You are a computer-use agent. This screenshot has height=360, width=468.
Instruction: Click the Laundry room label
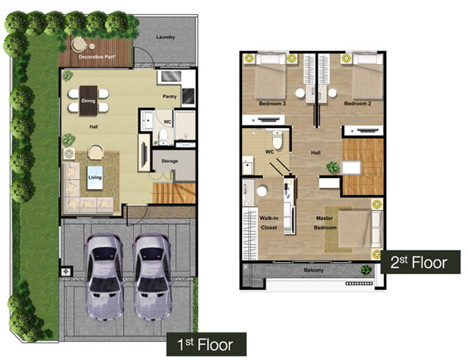pyautogui.click(x=166, y=37)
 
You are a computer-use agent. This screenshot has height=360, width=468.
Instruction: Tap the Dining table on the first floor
pyautogui.click(x=89, y=101)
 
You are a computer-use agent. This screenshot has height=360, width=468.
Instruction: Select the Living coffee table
pyautogui.click(x=95, y=178)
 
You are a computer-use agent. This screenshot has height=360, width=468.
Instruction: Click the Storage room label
pyautogui.click(x=169, y=161)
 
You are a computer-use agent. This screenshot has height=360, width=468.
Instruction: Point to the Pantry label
pyautogui.click(x=169, y=96)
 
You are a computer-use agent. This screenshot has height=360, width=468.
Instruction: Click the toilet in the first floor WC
pyautogui.click(x=163, y=137)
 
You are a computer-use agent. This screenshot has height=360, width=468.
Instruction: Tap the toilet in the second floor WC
pyautogui.click(x=277, y=140)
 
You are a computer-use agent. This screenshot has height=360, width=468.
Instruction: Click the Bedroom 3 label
pyautogui.click(x=272, y=104)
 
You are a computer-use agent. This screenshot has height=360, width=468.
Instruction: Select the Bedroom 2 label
pyautogui.click(x=358, y=104)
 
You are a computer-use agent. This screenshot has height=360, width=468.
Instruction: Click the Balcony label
pyautogui.click(x=313, y=270)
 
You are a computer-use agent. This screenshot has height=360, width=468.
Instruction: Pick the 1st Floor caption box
pyautogui.click(x=206, y=344)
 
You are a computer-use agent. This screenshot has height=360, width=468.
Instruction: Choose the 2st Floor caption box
pyautogui.click(x=420, y=262)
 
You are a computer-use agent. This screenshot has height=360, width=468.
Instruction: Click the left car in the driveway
pyautogui.click(x=103, y=277)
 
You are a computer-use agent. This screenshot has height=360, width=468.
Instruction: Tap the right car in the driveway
pyautogui.click(x=152, y=277)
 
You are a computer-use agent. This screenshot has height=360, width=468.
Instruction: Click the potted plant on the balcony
pyautogui.click(x=366, y=270)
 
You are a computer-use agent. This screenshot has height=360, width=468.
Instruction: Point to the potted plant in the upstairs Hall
pyautogui.click(x=333, y=167)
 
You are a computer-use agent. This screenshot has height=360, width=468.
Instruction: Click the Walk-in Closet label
pyautogui.click(x=269, y=222)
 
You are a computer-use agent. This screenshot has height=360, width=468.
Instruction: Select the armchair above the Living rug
pyautogui.click(x=96, y=152)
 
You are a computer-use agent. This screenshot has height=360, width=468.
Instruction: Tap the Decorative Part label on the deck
pyautogui.click(x=97, y=57)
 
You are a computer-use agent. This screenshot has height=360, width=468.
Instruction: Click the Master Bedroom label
pyautogui.click(x=325, y=222)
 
